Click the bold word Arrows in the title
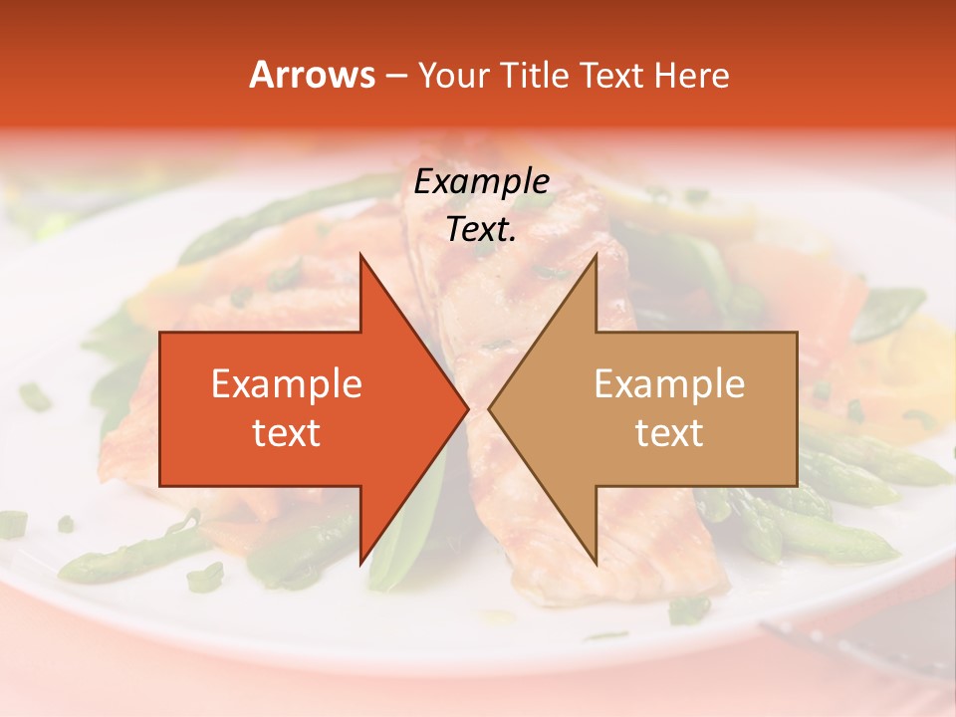313,75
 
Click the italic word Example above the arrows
482,182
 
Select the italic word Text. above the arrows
482,230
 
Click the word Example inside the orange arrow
287,384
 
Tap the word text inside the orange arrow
287,433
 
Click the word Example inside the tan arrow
669,384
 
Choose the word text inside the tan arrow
669,433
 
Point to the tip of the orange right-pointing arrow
468,408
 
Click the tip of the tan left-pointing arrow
489,408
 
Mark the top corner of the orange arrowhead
360,255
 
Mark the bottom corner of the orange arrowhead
360,564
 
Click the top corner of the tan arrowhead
596,255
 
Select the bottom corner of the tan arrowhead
596,564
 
